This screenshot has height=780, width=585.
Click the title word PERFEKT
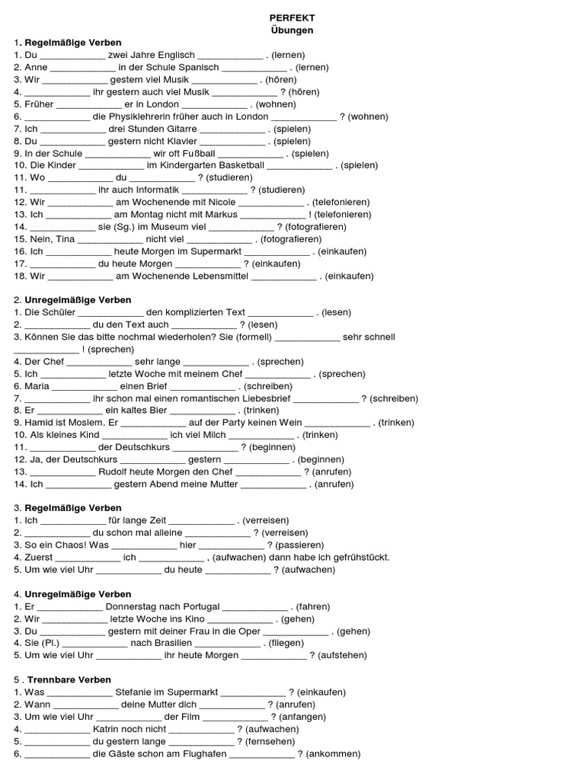pos(292,18)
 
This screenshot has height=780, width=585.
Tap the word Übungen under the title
pos(292,30)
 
